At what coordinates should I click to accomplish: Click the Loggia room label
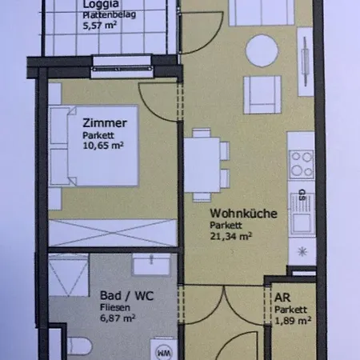(x=102, y=4)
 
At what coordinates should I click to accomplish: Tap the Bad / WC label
(x=114, y=294)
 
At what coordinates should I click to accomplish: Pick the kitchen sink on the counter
(x=302, y=210)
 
